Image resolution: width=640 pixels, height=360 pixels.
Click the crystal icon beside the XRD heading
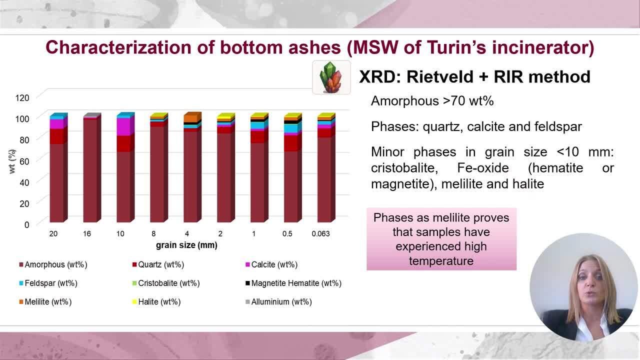pos(331,77)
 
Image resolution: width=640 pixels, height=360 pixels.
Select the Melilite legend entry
pos(45,301)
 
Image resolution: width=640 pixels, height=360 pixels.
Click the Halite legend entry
pos(156,301)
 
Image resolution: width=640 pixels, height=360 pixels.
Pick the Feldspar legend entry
pos(48,283)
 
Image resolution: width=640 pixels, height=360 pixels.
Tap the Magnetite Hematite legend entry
pos(293,283)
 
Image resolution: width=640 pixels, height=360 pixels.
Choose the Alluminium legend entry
pos(278,301)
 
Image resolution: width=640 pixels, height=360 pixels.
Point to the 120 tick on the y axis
pos(22,97)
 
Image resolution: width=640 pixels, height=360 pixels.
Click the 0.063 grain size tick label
pos(320,233)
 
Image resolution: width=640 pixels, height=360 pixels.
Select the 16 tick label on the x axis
pos(87,233)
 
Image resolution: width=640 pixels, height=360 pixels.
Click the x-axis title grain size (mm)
pos(186,245)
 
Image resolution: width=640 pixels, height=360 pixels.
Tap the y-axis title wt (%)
pos(12,161)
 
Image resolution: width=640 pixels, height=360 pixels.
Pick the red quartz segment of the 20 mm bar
pos(56,136)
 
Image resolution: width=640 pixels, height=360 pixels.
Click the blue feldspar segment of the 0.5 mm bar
pos(291,128)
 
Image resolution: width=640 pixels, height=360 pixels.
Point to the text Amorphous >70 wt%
pos(432,101)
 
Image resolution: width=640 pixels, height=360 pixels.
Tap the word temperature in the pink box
pos(441,261)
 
